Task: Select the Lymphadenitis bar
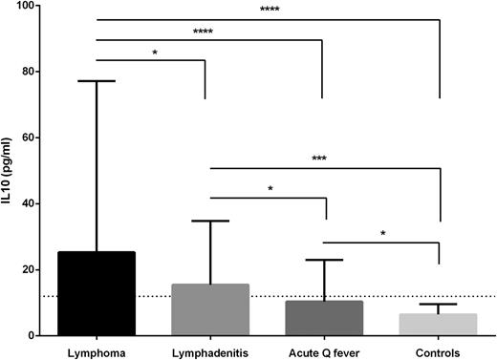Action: [209, 309]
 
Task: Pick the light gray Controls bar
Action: [438, 325]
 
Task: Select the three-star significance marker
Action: [318, 159]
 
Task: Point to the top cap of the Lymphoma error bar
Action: [96, 81]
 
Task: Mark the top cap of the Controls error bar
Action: [438, 305]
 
